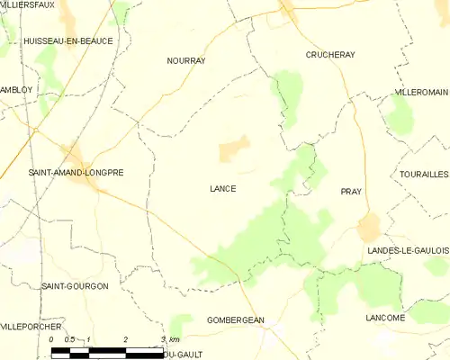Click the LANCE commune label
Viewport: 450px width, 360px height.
(x=222, y=188)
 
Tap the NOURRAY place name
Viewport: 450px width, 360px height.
(x=186, y=60)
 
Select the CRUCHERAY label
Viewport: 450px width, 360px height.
(x=329, y=55)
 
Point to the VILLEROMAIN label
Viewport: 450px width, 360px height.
(x=421, y=93)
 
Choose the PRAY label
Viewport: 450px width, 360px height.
(x=350, y=192)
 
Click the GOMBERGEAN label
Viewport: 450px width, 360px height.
(x=235, y=319)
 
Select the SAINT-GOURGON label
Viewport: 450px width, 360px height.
(x=75, y=285)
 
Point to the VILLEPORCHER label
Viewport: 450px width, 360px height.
(x=32, y=327)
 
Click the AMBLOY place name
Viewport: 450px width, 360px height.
(x=16, y=90)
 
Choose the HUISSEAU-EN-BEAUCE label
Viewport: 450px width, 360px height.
(x=62, y=41)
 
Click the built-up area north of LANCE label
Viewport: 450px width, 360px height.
(x=234, y=148)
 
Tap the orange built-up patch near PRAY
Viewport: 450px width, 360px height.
(x=369, y=227)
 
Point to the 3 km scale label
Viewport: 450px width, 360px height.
(x=169, y=338)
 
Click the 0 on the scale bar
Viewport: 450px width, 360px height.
(x=51, y=338)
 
